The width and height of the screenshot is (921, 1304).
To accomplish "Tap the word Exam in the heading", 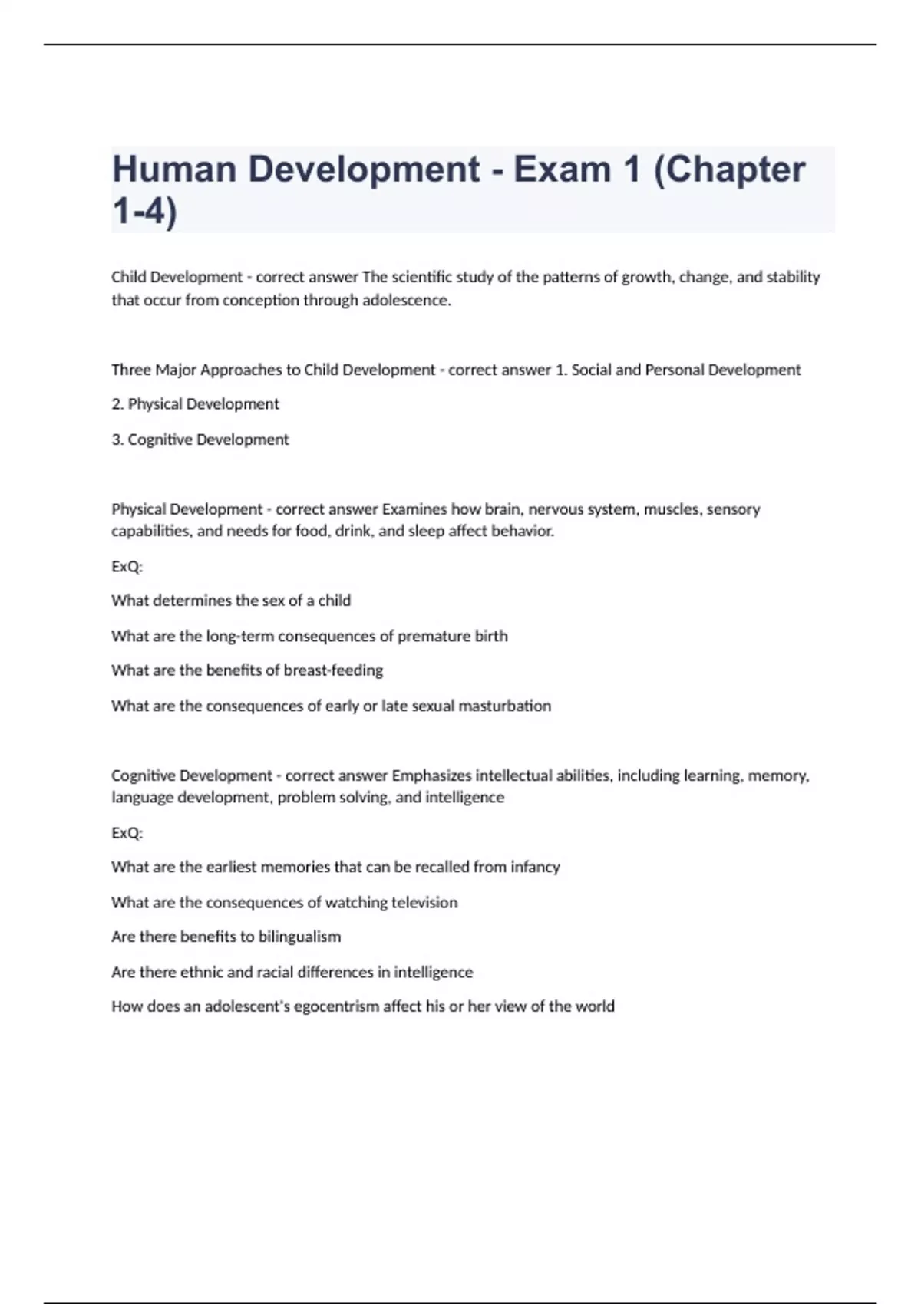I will pos(564,170).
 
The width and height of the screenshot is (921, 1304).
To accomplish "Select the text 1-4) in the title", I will pos(144,211).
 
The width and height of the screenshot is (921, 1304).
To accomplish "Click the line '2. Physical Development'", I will pos(195,404).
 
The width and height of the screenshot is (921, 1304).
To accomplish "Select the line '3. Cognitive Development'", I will pos(200,440).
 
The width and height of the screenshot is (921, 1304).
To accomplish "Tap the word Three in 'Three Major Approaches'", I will pos(131,370).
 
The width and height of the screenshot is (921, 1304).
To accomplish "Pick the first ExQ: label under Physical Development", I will pos(127,567).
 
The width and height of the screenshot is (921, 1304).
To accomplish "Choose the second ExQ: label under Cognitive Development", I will pos(127,833).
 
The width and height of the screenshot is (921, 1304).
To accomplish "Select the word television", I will pos(424,903).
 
